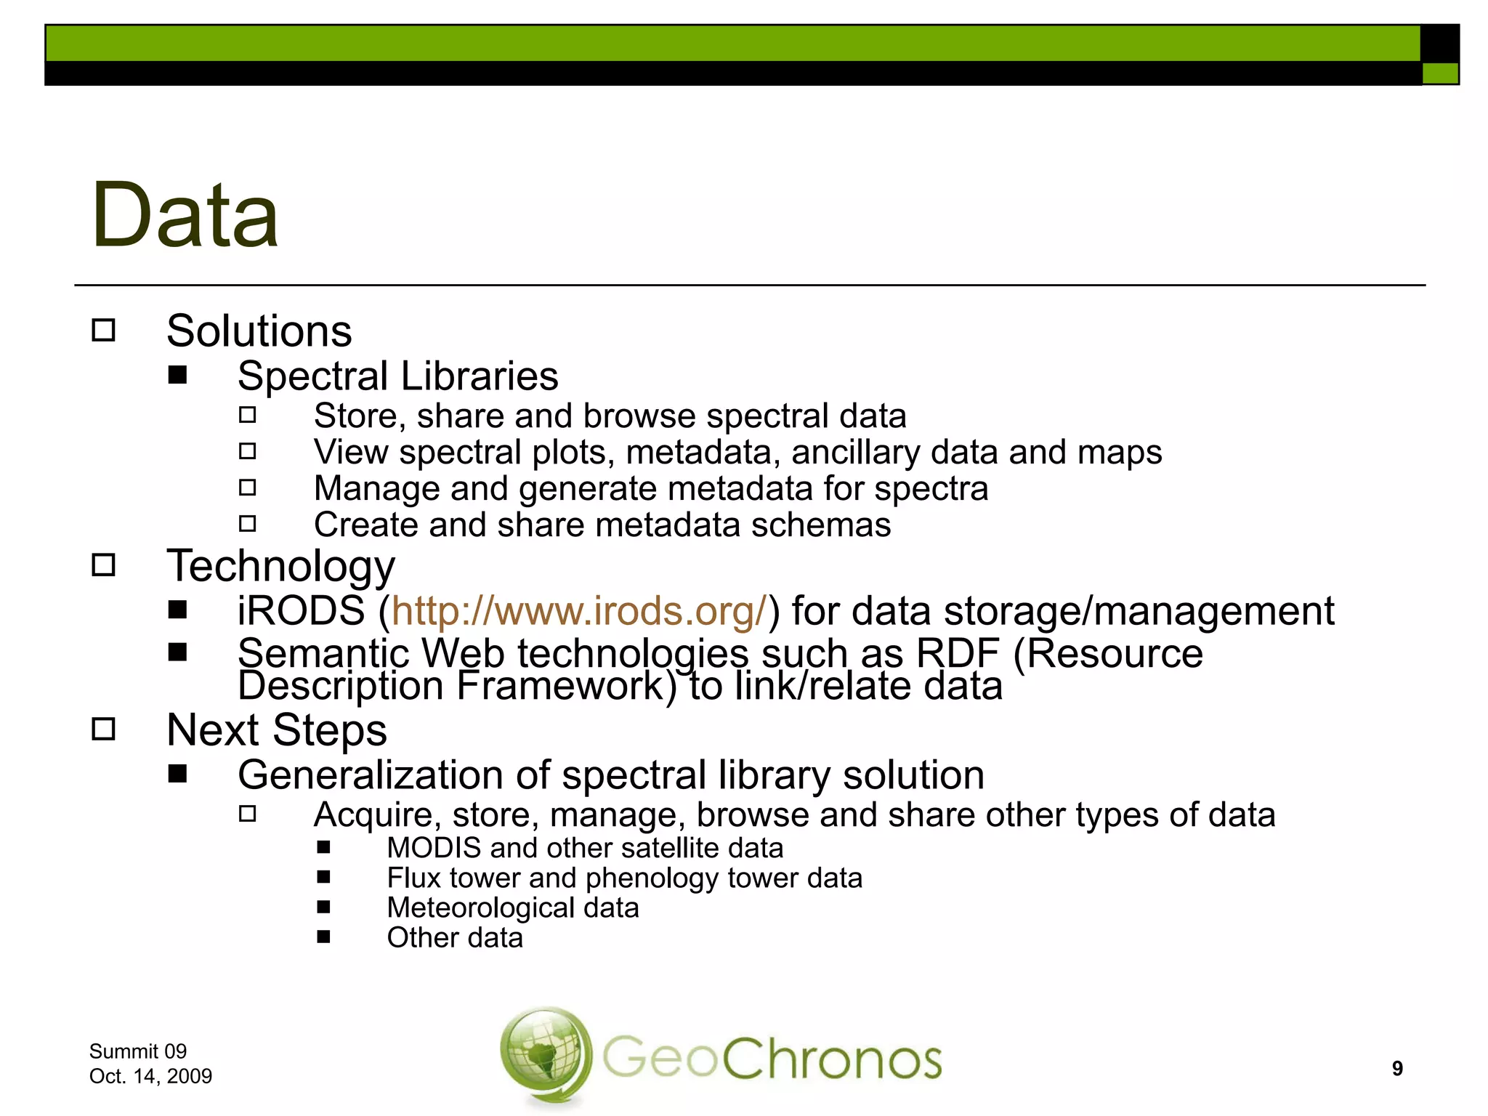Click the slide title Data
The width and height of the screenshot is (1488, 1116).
185,216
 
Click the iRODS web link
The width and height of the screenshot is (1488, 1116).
579,610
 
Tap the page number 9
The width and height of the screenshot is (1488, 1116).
1396,1068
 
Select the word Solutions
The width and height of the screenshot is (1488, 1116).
259,331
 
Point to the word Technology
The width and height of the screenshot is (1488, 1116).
281,566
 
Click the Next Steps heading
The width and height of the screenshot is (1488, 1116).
277,729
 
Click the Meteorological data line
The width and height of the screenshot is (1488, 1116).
513,907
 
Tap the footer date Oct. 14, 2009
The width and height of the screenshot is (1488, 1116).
150,1076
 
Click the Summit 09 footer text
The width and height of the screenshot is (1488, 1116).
138,1051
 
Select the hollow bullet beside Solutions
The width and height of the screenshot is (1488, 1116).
104,331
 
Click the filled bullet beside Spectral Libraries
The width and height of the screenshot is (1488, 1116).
177,376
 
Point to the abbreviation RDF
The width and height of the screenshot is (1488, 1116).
957,653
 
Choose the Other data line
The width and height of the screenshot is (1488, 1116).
455,937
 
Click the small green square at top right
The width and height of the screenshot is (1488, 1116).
1439,73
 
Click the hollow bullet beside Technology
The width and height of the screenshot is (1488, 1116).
104,565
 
